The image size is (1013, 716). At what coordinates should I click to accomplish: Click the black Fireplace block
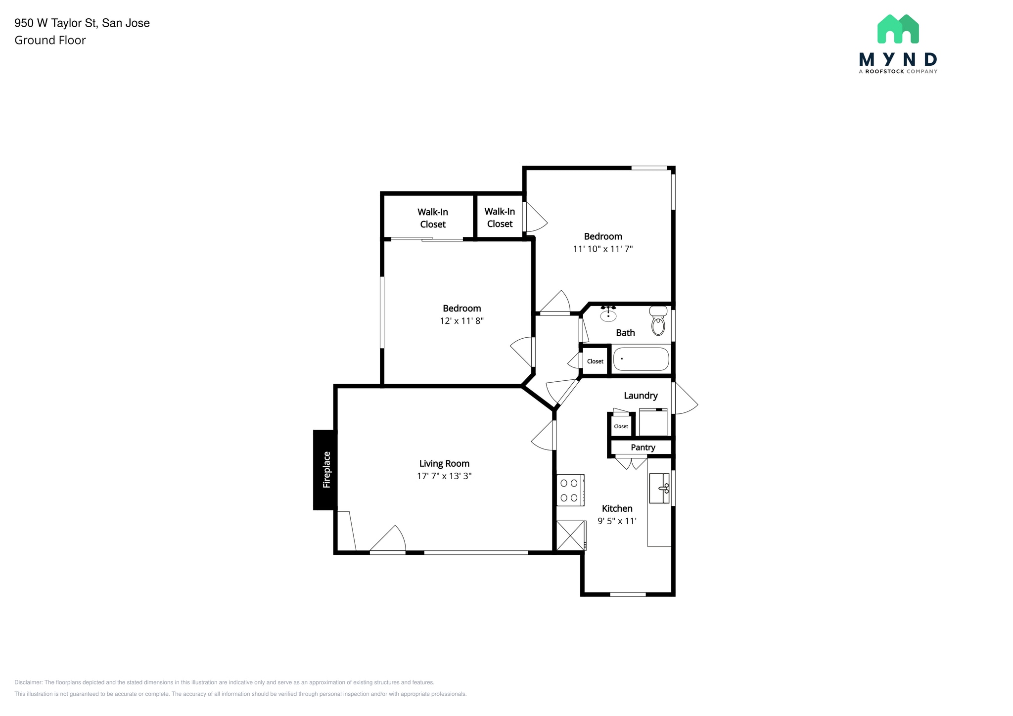(x=325, y=470)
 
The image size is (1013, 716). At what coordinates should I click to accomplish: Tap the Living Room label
(x=444, y=463)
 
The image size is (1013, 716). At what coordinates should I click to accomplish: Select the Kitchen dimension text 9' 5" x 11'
(x=617, y=521)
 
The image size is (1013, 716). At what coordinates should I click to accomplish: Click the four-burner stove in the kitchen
(x=570, y=490)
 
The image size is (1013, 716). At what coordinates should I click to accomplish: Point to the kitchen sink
(x=659, y=488)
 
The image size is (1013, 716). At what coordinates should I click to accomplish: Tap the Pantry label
(x=643, y=447)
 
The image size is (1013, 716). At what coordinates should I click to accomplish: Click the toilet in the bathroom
(x=658, y=321)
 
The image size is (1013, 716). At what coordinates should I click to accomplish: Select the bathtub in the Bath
(x=641, y=359)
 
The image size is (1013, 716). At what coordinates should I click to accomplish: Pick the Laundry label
(x=641, y=396)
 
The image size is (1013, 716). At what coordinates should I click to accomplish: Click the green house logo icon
(x=898, y=29)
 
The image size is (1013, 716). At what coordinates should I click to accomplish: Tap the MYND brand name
(x=898, y=60)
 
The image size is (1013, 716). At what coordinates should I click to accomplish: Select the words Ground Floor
(x=50, y=41)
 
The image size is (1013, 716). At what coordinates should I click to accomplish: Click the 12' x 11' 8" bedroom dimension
(x=461, y=321)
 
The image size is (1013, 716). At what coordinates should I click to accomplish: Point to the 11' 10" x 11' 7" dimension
(x=603, y=249)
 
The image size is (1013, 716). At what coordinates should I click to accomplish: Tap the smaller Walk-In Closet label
(x=500, y=218)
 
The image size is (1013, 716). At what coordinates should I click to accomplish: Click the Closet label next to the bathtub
(x=595, y=361)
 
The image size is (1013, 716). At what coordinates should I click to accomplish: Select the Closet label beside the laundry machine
(x=621, y=426)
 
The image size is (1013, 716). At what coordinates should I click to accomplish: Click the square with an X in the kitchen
(x=570, y=536)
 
